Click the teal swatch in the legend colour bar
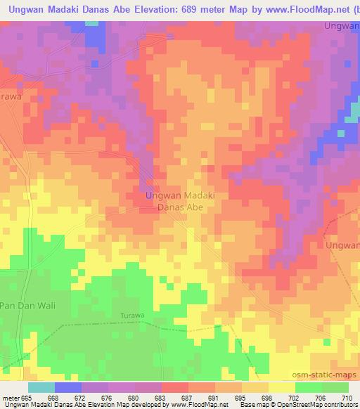click(41, 387)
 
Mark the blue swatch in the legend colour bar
click(68, 387)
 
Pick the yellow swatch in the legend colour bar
click(282, 387)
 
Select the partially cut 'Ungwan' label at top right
click(342, 26)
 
